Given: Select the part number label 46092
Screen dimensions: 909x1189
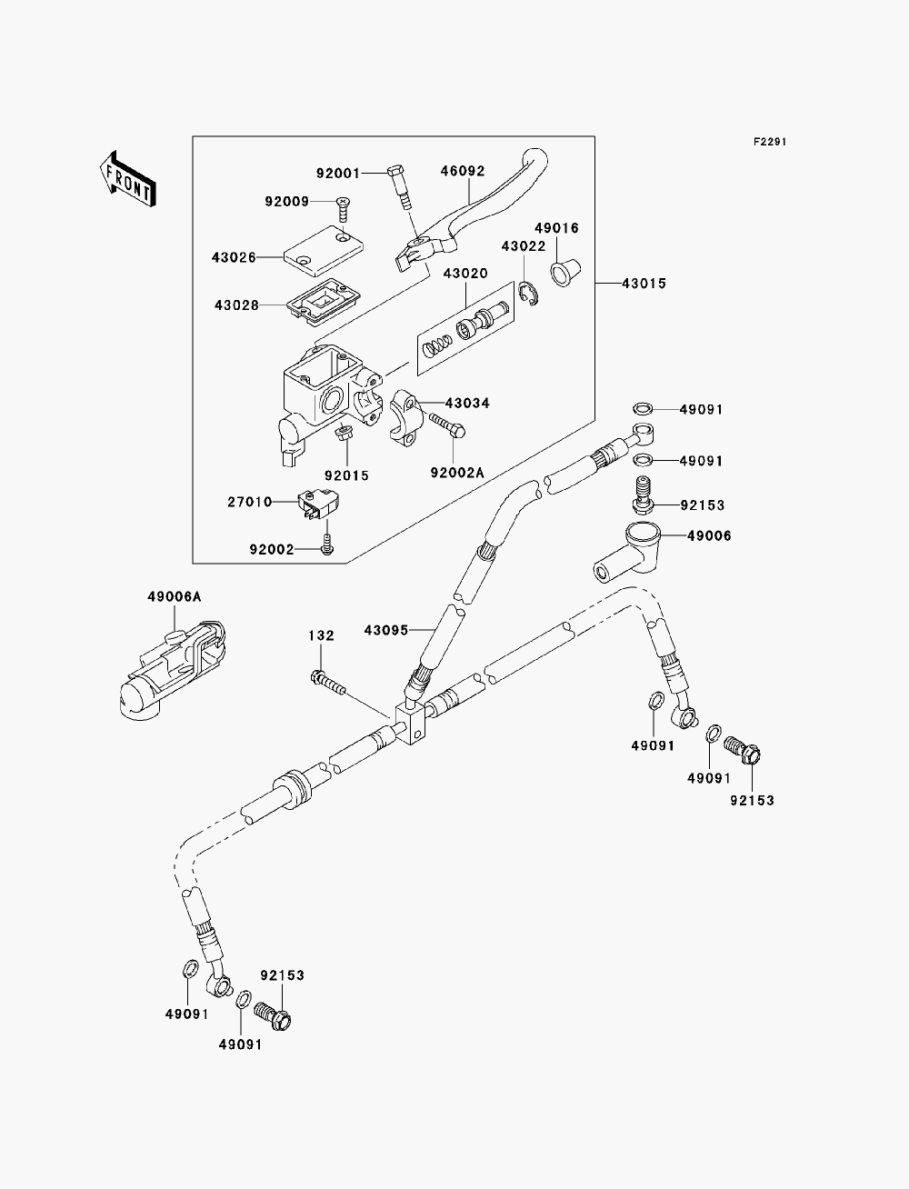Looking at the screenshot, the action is tap(462, 171).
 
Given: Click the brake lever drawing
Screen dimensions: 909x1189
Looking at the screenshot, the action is tap(470, 210).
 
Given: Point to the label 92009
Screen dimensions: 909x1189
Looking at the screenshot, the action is tap(286, 202).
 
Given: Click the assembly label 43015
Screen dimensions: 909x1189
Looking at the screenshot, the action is tap(644, 284).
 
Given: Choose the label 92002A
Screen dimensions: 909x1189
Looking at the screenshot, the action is tap(457, 473).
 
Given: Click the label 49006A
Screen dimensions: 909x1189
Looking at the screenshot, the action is tap(174, 597).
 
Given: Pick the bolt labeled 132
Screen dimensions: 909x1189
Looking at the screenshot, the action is tap(328, 683).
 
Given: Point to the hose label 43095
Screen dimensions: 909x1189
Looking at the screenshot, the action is tap(386, 630).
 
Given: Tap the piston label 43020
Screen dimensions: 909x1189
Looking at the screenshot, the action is tap(465, 273).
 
